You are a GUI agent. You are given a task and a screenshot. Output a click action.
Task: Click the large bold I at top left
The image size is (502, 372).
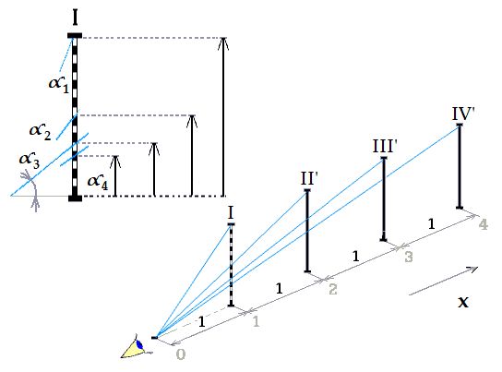[76, 18]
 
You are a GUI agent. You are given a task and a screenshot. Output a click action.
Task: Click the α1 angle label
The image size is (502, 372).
[59, 85]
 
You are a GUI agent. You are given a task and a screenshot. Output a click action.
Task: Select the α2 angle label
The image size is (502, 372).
[40, 132]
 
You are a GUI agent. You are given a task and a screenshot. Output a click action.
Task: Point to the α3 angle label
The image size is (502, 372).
[30, 160]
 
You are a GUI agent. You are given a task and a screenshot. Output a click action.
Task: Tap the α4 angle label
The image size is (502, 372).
[98, 183]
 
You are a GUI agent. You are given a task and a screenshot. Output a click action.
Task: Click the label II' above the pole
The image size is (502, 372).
[309, 179]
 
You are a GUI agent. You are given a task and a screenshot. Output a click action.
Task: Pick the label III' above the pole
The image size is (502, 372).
[385, 146]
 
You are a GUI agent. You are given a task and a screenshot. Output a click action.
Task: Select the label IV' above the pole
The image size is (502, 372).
[463, 114]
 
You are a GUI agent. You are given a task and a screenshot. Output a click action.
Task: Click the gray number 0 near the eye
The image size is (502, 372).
[181, 354]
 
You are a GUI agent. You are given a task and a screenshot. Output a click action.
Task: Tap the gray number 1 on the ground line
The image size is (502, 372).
[256, 321]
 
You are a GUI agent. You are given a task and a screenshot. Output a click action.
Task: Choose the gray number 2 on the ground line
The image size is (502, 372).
[333, 289]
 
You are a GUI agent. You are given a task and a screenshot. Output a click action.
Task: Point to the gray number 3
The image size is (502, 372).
[409, 257]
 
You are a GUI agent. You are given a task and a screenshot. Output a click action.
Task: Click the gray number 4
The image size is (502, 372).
[484, 224]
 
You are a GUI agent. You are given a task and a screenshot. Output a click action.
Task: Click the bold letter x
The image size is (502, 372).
[463, 302]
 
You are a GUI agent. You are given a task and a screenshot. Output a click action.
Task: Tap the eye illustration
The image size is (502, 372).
[137, 347]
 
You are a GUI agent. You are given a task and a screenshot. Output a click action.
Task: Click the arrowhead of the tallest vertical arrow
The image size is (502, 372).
[223, 43]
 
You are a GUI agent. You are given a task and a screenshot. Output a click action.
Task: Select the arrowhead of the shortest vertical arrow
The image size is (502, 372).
[115, 162]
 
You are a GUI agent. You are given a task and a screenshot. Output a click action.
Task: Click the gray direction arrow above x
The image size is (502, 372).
[444, 281]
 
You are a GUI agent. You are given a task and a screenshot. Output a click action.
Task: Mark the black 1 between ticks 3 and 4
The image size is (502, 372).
[431, 223]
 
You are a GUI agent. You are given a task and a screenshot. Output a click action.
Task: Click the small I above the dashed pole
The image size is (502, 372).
[231, 212]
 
